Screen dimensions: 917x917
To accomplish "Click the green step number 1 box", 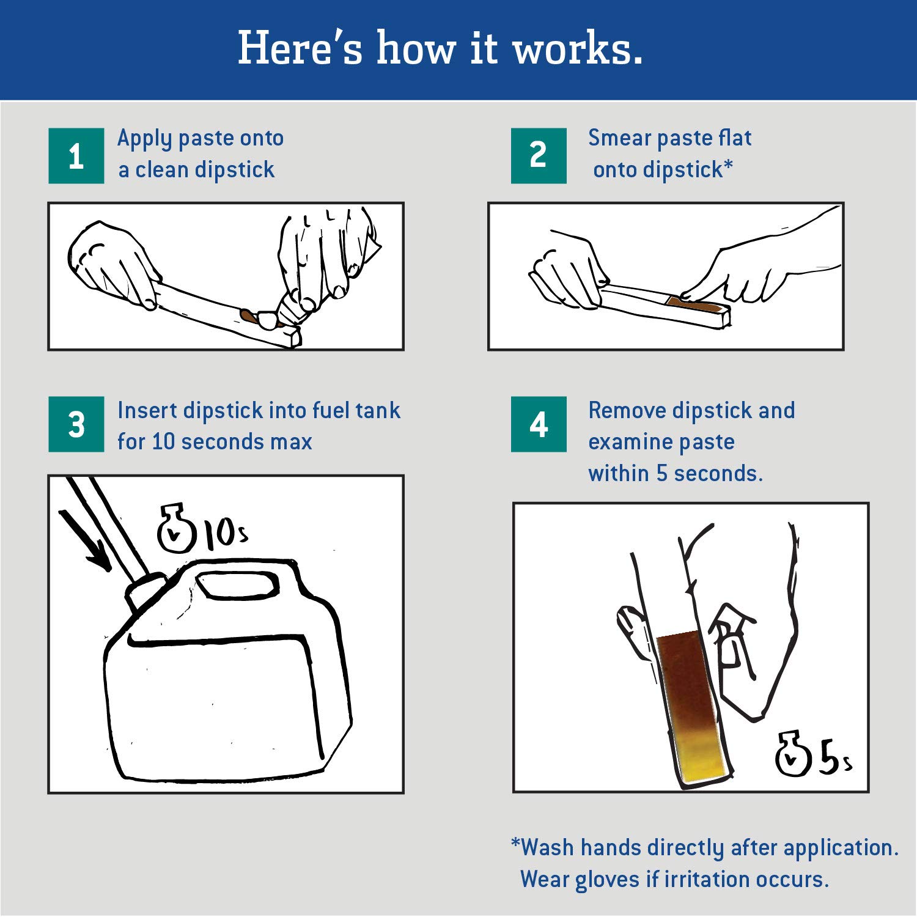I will [x=76, y=156].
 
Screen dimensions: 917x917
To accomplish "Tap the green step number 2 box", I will [x=539, y=155].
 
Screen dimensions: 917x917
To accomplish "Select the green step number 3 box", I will [x=76, y=424].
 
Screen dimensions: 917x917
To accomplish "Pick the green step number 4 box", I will [x=539, y=424].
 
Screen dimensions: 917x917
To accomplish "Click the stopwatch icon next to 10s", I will [x=176, y=529].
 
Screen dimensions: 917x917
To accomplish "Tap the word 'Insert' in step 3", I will [x=147, y=410].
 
